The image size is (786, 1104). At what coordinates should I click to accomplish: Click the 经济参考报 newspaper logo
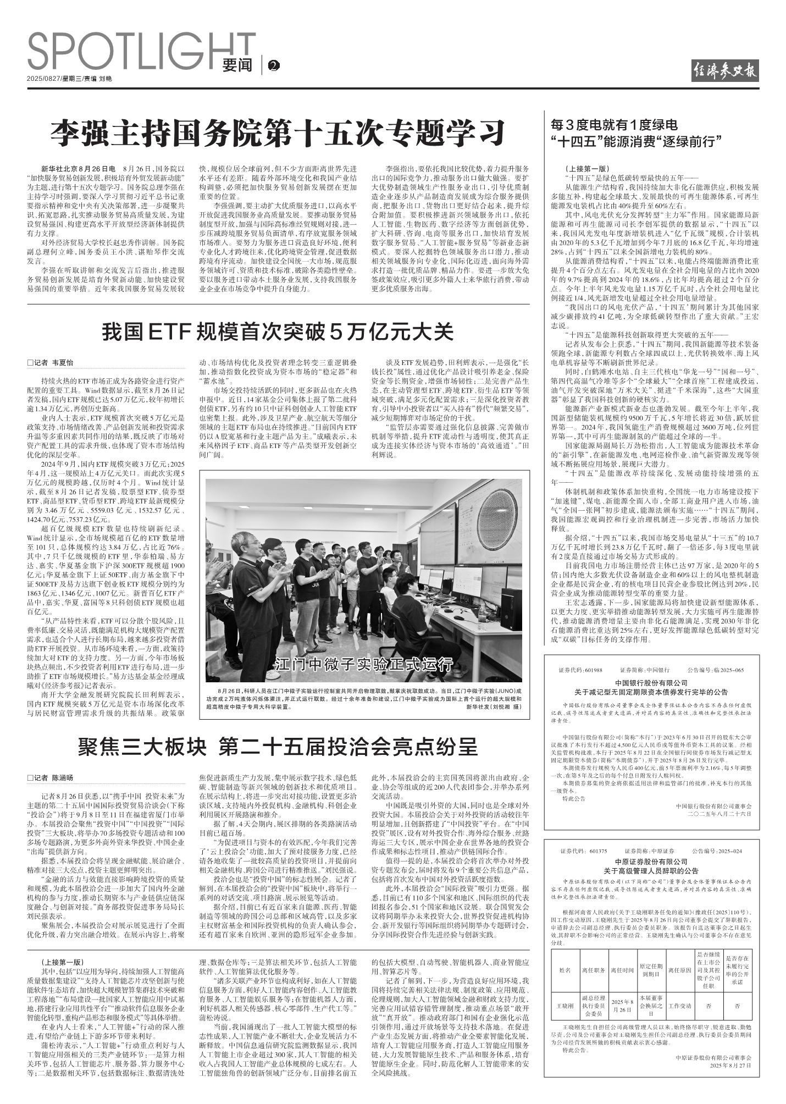[725, 70]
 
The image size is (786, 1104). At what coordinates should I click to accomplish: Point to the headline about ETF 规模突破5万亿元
[278, 332]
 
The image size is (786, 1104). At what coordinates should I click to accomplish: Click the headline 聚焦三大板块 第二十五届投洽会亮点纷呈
[278, 747]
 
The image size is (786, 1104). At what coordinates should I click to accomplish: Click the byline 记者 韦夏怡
[50, 363]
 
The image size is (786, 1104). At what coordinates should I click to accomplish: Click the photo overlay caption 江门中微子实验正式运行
[363, 664]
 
